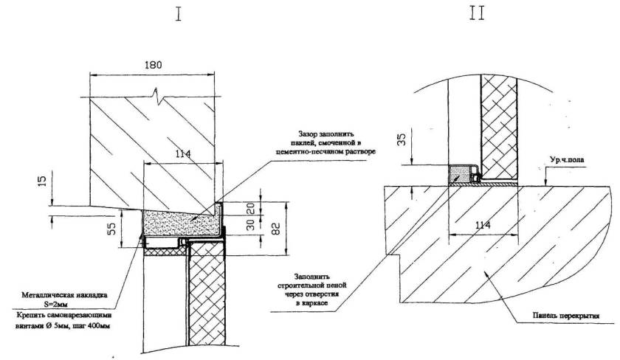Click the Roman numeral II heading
coord(477,14)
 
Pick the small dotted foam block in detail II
coord(460,174)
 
